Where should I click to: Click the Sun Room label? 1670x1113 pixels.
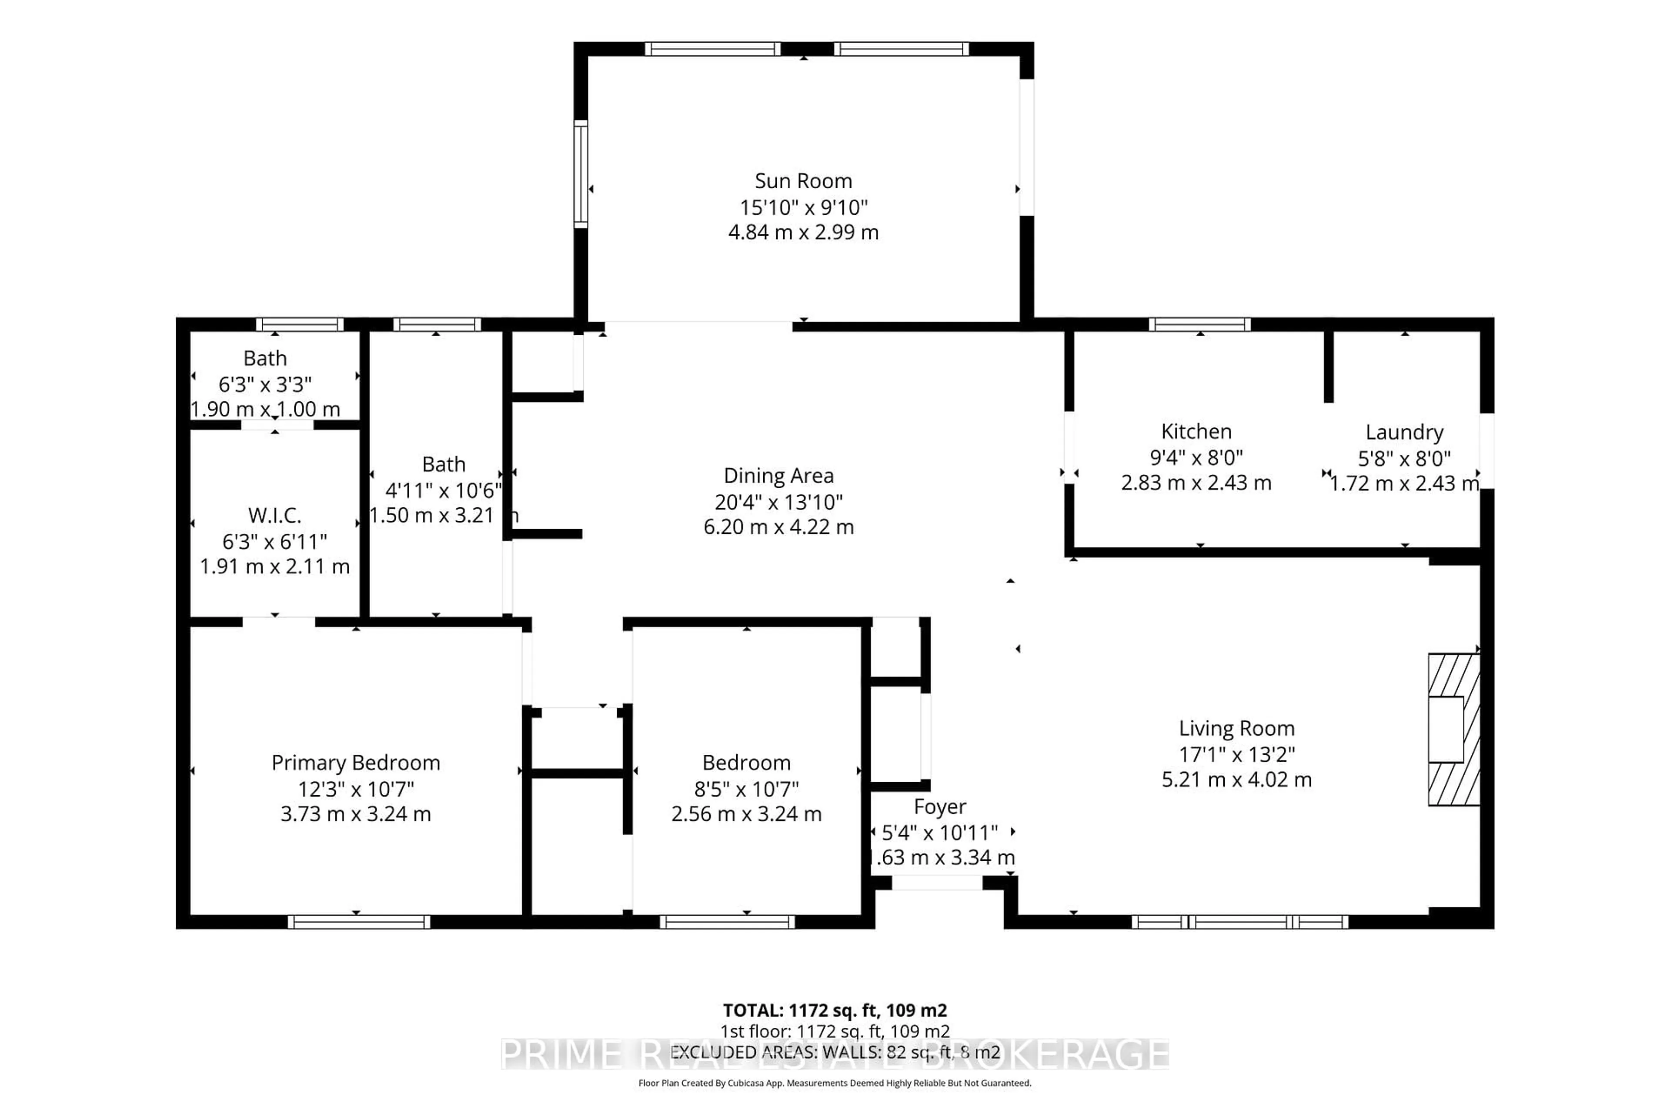click(803, 181)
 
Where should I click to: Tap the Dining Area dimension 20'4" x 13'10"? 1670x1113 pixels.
click(778, 502)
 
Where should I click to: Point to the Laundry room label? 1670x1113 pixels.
click(1404, 432)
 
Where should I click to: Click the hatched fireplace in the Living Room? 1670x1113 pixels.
click(1453, 729)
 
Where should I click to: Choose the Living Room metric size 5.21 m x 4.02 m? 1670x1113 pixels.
click(1236, 780)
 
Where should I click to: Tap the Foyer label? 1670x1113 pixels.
click(939, 806)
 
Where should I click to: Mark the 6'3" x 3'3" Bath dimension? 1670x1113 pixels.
click(265, 384)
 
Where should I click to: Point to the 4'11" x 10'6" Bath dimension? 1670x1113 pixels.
click(443, 490)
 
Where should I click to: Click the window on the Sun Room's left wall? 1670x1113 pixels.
click(581, 174)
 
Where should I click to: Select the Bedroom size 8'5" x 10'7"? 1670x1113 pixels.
click(746, 789)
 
